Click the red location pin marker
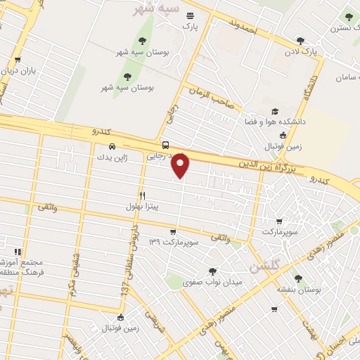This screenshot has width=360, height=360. coord(181,166)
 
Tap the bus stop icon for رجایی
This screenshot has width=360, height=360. coord(165,146)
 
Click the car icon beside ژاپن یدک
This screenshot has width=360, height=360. coord(92,147)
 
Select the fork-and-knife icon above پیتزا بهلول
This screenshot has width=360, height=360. coord(142,196)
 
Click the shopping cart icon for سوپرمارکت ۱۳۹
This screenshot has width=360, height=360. coord(173,231)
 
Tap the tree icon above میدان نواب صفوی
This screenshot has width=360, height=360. coord(212,271)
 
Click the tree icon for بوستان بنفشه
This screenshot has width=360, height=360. coord(297,278)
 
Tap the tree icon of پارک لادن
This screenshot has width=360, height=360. coord(300,40)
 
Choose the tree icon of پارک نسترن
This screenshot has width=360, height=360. coord(349,17)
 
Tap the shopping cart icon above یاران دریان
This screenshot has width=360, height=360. coord(18,60)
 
